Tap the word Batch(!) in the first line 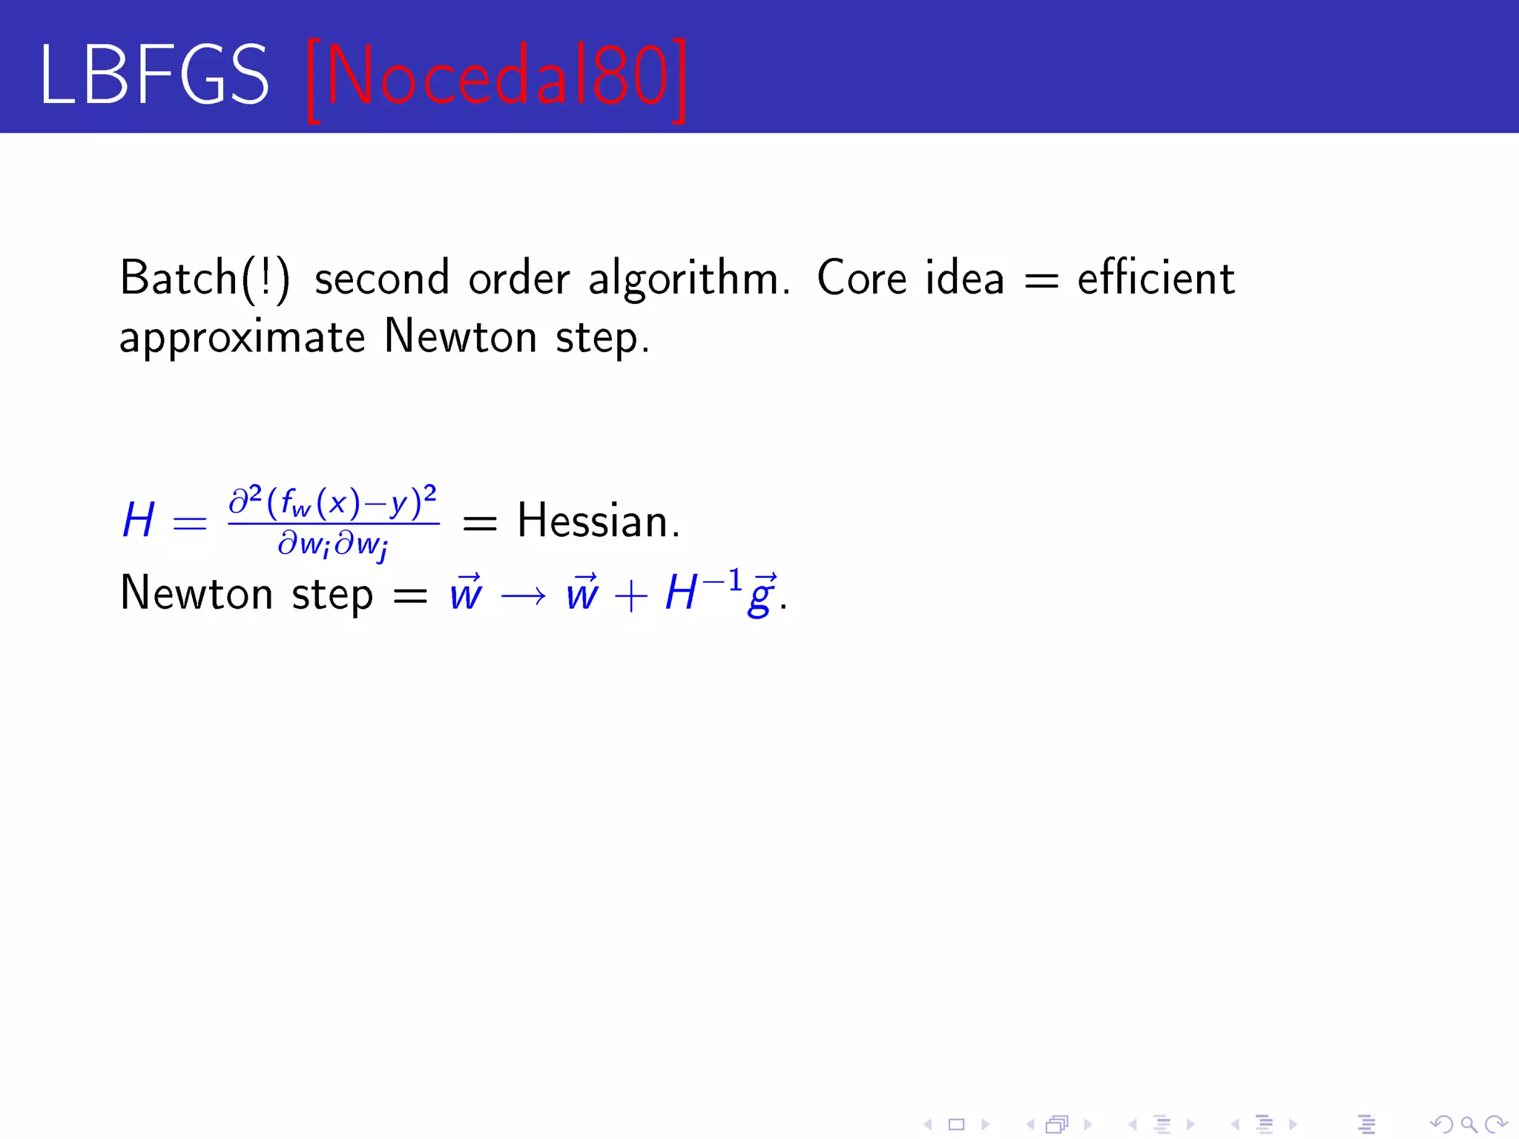click(205, 279)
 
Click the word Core click(861, 279)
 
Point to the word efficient click(1156, 279)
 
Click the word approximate click(242, 339)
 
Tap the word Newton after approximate click(460, 337)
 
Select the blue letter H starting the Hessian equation click(139, 521)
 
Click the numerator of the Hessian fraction click(333, 503)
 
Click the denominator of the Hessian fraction click(333, 545)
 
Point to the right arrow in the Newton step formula click(524, 595)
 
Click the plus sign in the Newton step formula click(630, 595)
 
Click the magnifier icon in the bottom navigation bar click(1469, 1125)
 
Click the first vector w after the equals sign click(466, 594)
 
